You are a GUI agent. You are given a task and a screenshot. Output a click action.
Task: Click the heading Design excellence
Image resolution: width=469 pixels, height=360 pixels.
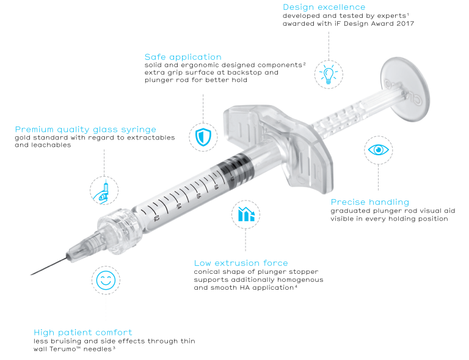(x=324, y=7)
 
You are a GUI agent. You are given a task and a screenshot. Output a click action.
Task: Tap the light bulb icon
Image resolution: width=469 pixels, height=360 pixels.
(x=329, y=75)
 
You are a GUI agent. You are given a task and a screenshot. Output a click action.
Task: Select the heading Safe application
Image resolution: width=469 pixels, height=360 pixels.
(x=183, y=57)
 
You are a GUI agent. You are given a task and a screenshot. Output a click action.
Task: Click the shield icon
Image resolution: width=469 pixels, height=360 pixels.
(x=203, y=137)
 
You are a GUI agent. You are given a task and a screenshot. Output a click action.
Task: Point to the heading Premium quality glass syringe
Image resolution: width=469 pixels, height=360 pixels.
(x=85, y=130)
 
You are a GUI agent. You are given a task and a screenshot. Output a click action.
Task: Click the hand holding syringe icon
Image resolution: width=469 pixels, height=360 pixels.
(x=102, y=191)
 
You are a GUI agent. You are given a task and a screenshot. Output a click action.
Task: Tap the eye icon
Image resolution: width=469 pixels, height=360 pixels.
(x=379, y=150)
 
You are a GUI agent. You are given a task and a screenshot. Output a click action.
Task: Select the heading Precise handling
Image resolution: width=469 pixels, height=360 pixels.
(x=369, y=202)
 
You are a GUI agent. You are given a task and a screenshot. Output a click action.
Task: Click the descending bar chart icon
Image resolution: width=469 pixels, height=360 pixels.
(x=246, y=214)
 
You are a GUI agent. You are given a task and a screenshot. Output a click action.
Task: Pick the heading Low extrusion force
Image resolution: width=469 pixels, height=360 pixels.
(x=241, y=263)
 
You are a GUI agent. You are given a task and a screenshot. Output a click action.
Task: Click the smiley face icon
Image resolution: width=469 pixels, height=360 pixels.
(x=106, y=281)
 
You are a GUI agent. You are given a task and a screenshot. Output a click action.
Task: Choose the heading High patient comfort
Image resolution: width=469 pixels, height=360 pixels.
(x=83, y=332)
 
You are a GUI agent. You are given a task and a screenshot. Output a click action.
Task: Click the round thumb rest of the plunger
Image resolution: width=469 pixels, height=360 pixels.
(x=405, y=89)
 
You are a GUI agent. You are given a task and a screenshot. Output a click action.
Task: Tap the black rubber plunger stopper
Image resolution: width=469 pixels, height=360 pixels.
(x=237, y=171)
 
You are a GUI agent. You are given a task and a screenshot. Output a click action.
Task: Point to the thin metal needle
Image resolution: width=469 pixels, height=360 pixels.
(x=49, y=266)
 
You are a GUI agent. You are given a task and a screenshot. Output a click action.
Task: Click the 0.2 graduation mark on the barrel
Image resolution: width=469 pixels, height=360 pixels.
(x=156, y=218)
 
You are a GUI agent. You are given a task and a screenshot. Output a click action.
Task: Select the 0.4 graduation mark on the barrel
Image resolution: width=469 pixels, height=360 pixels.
(x=178, y=206)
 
